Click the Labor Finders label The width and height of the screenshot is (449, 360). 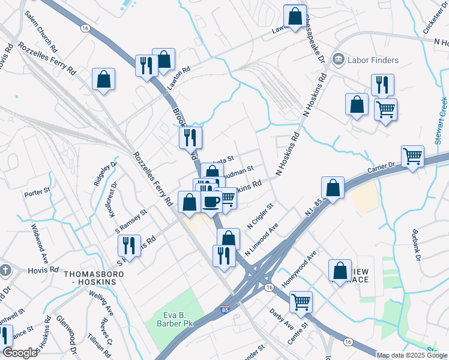click(x=373, y=60)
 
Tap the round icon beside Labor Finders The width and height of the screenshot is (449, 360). click(x=338, y=59)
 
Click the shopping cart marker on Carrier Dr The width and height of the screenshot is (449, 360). click(x=413, y=157)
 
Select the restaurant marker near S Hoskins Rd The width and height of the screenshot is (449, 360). click(x=129, y=245)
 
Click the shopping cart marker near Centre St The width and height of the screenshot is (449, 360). click(x=301, y=302)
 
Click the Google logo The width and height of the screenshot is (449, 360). click(x=20, y=353)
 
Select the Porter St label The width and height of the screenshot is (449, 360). click(x=35, y=194)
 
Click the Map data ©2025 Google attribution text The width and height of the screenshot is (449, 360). click(x=412, y=355)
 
